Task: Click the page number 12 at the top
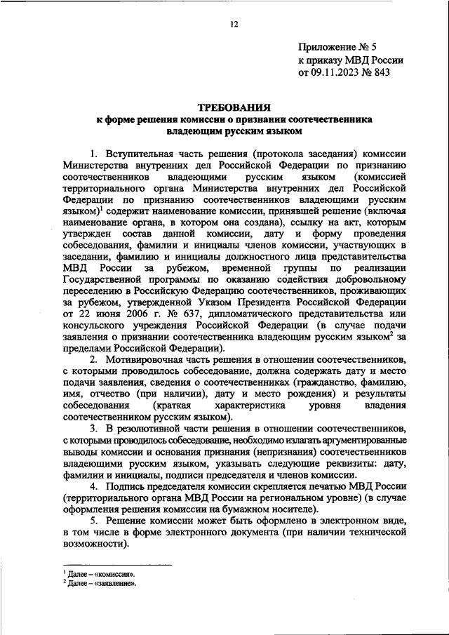coord(234,25)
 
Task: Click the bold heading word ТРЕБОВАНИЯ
coord(234,109)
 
